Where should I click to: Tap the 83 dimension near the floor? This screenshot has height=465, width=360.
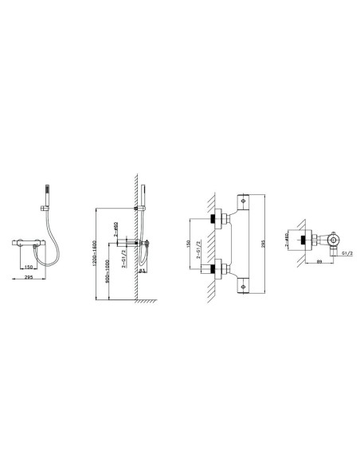pos(142,271)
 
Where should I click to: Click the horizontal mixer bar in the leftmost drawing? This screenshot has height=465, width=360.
pos(26,240)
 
